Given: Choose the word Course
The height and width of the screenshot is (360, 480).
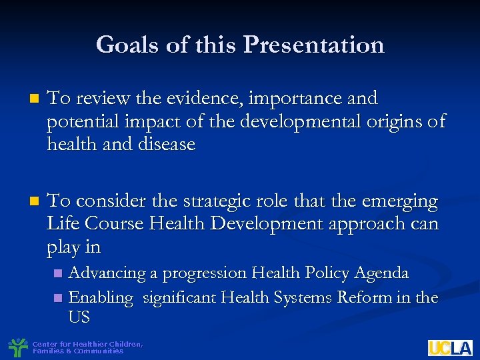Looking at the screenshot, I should click(x=115, y=223).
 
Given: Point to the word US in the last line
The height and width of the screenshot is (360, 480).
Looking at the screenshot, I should click(x=79, y=317).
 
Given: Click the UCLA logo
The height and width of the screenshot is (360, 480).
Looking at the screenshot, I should click(x=450, y=347).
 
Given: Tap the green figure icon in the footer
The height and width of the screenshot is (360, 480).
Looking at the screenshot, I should click(x=17, y=347).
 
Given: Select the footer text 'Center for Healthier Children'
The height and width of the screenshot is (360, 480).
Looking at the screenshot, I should click(x=87, y=344).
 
